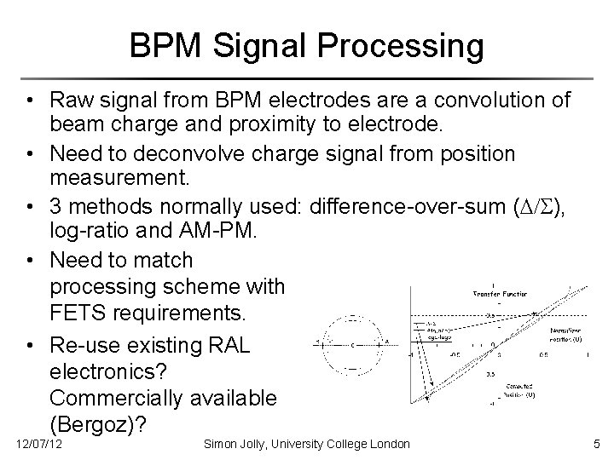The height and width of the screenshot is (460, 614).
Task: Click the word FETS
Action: (x=83, y=313)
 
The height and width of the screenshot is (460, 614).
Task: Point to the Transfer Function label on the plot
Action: (x=501, y=295)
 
